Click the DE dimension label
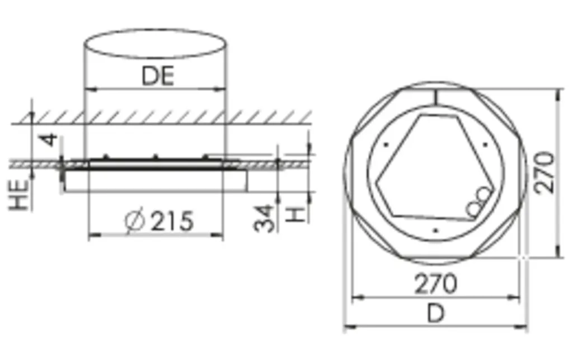[x=158, y=76]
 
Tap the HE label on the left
[x=19, y=195]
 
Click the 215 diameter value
[x=171, y=221]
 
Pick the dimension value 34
[x=264, y=218]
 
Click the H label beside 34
[x=295, y=214]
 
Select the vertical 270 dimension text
[x=544, y=172]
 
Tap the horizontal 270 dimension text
[x=435, y=283]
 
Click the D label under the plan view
[x=436, y=313]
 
